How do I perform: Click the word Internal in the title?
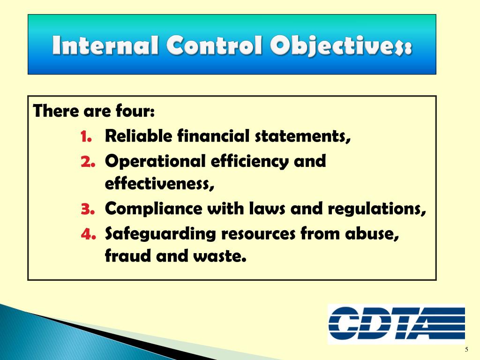point(105,45)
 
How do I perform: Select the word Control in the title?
point(214,45)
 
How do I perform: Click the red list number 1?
point(86,136)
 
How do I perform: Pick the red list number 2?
point(88,161)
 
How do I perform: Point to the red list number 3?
point(88,209)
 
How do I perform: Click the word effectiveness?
point(159,184)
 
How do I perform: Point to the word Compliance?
point(154,209)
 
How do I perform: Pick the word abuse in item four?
point(372,234)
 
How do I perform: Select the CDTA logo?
point(397,324)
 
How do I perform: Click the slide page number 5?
point(466,350)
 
